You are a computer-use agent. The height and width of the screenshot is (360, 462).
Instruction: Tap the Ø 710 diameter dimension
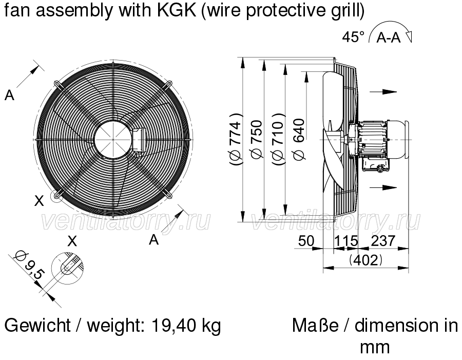[x=278, y=139]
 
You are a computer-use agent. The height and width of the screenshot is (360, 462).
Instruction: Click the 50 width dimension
[x=306, y=241]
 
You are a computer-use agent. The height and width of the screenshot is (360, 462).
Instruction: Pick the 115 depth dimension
[x=345, y=241]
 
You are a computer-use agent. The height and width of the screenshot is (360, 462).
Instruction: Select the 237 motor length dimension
[x=383, y=241]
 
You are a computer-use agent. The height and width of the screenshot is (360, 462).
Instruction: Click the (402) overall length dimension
[x=365, y=260]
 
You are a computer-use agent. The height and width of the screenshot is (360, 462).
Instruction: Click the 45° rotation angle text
[x=353, y=37]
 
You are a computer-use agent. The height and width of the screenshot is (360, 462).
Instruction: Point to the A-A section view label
[x=389, y=37]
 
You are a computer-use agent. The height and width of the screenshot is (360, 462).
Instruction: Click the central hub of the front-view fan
[x=113, y=139]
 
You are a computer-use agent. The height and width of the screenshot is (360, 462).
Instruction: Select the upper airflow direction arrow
[x=383, y=92]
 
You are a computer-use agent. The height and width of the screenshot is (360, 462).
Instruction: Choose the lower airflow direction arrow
[x=383, y=187]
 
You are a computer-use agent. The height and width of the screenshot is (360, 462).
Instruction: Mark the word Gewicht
[x=37, y=326]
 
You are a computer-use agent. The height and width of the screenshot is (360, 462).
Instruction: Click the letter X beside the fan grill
[x=39, y=201]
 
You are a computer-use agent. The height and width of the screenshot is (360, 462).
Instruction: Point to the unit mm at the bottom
[x=375, y=347]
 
